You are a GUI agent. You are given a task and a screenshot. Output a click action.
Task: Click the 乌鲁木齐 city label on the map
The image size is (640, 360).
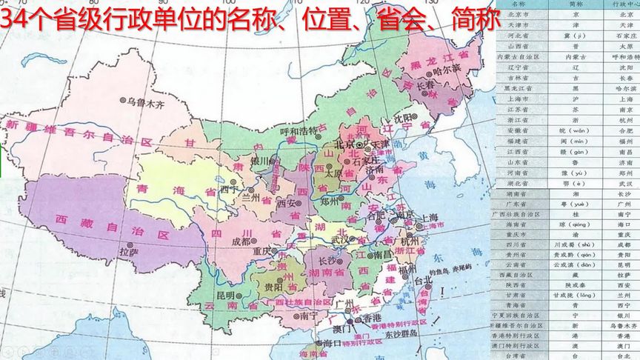pyautogui.click(x=146, y=103)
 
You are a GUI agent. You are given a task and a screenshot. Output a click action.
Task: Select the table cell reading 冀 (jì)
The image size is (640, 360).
pyautogui.click(x=575, y=35)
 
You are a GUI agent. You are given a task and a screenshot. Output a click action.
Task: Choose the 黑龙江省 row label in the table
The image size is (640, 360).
pyautogui.click(x=522, y=87)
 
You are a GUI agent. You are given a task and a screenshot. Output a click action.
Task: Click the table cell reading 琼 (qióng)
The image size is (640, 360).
pyautogui.click(x=575, y=223)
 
